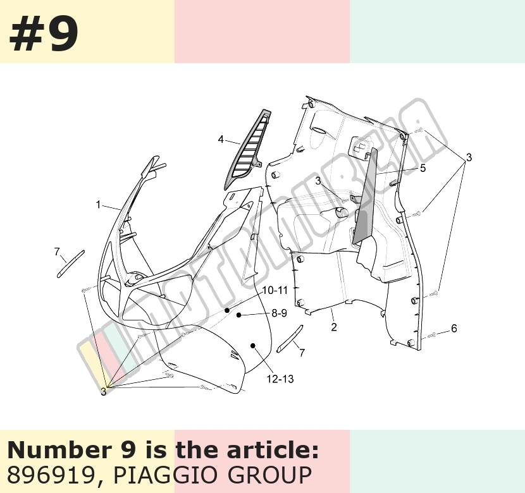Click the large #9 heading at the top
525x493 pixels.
point(44,34)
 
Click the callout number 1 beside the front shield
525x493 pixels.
point(98,204)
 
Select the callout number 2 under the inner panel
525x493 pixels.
point(334,327)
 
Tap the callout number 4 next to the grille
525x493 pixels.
point(221,139)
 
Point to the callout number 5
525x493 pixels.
point(423,168)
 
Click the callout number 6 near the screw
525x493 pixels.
point(454,328)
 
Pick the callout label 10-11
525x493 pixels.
point(275,290)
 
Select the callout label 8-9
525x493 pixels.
point(279,313)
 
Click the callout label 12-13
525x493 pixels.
point(280,379)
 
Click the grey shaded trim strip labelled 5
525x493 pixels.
point(365,197)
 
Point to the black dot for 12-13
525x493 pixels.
point(253,346)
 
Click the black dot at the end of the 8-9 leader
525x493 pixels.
point(238,315)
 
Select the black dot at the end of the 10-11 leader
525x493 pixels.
point(227,310)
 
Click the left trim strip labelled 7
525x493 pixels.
point(71,264)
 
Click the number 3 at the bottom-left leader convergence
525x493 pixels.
point(104,391)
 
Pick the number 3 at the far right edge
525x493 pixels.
point(469,157)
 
